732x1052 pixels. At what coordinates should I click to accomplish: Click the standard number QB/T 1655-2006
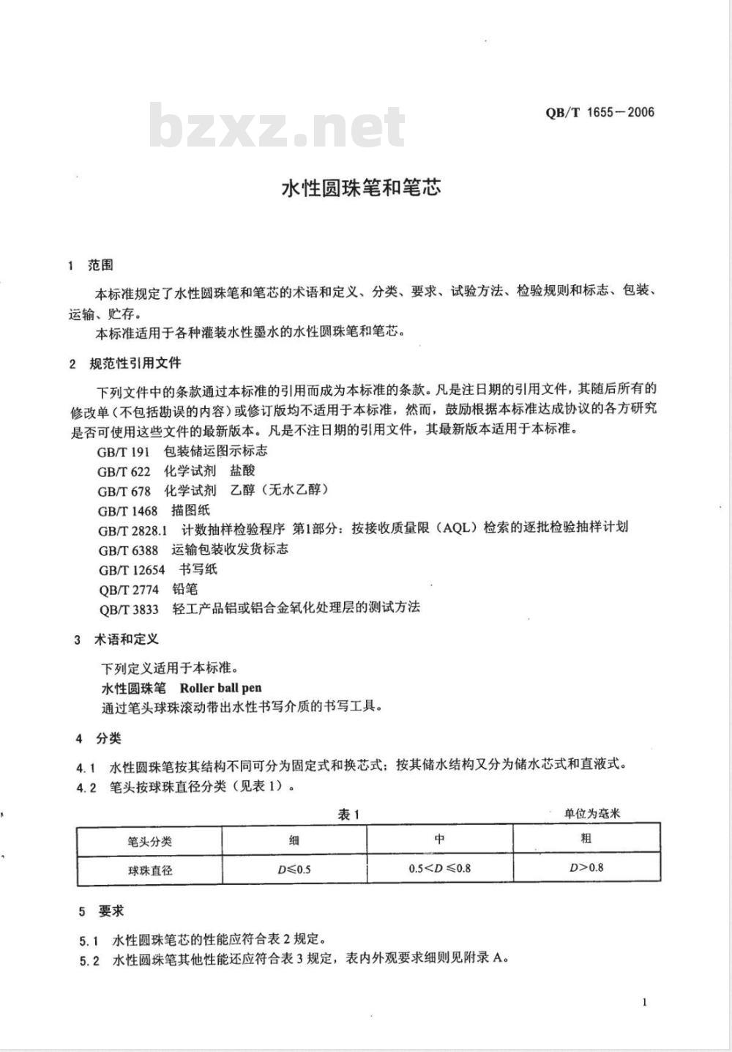pos(600,112)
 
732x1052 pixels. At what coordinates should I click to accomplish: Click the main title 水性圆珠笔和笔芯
pos(362,188)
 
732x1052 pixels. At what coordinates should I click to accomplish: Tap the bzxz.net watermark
pos(277,126)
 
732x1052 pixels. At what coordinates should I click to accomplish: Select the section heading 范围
pos(100,264)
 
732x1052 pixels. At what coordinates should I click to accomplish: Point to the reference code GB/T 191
pos(123,451)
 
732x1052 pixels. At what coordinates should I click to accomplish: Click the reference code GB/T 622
pos(124,471)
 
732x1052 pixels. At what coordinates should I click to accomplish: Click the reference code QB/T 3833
pos(128,608)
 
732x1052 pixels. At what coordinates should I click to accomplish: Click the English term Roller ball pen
pos(220,688)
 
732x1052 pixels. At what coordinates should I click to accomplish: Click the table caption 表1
pos(349,814)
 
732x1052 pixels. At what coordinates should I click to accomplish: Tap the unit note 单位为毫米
pos(592,813)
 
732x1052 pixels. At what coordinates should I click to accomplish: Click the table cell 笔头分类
pos(149,841)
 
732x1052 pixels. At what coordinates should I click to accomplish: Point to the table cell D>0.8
pos(586,868)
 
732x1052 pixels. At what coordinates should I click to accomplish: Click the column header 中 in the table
pos(439,839)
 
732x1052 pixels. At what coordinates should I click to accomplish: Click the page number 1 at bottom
pos(644,1002)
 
